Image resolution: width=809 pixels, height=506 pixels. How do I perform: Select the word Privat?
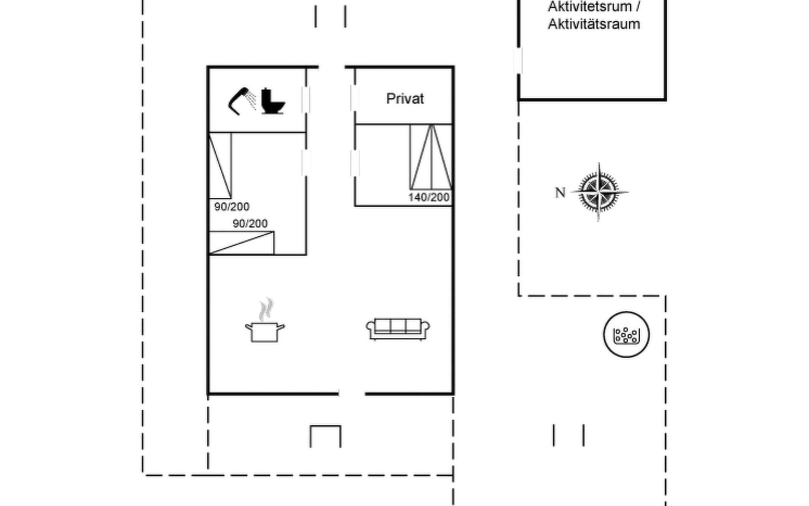(x=405, y=99)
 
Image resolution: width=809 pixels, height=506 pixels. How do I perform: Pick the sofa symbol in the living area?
(x=398, y=329)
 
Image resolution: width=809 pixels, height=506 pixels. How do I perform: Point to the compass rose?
(x=599, y=192)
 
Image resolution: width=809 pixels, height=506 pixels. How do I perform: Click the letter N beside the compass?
(x=560, y=193)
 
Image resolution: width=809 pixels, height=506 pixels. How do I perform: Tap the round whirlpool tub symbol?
(x=626, y=335)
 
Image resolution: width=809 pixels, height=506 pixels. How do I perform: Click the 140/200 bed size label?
(x=429, y=197)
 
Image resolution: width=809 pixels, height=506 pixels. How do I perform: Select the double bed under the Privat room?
(x=431, y=157)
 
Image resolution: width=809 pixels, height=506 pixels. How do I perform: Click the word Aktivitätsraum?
(x=594, y=24)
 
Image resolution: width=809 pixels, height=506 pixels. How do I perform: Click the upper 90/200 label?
(x=232, y=207)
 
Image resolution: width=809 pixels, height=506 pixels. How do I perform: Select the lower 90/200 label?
(x=250, y=223)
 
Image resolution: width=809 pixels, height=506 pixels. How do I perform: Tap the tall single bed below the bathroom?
(x=220, y=165)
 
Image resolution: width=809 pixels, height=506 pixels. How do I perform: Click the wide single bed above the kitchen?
(x=241, y=243)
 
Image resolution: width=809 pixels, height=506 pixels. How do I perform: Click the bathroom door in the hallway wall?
(x=306, y=100)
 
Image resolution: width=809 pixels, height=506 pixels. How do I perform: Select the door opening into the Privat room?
(x=355, y=98)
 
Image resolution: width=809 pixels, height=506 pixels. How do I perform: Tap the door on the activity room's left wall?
(x=518, y=61)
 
